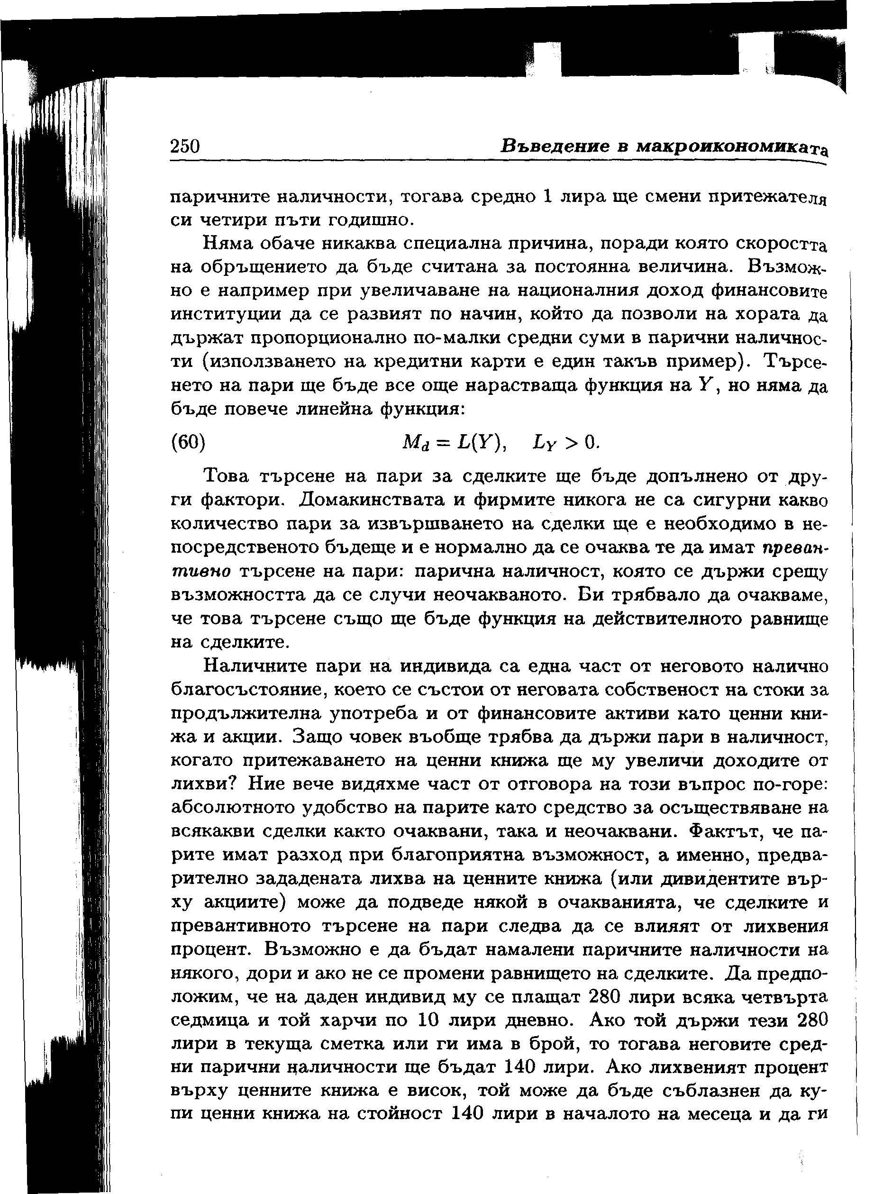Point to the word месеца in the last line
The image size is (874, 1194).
(728, 1114)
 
